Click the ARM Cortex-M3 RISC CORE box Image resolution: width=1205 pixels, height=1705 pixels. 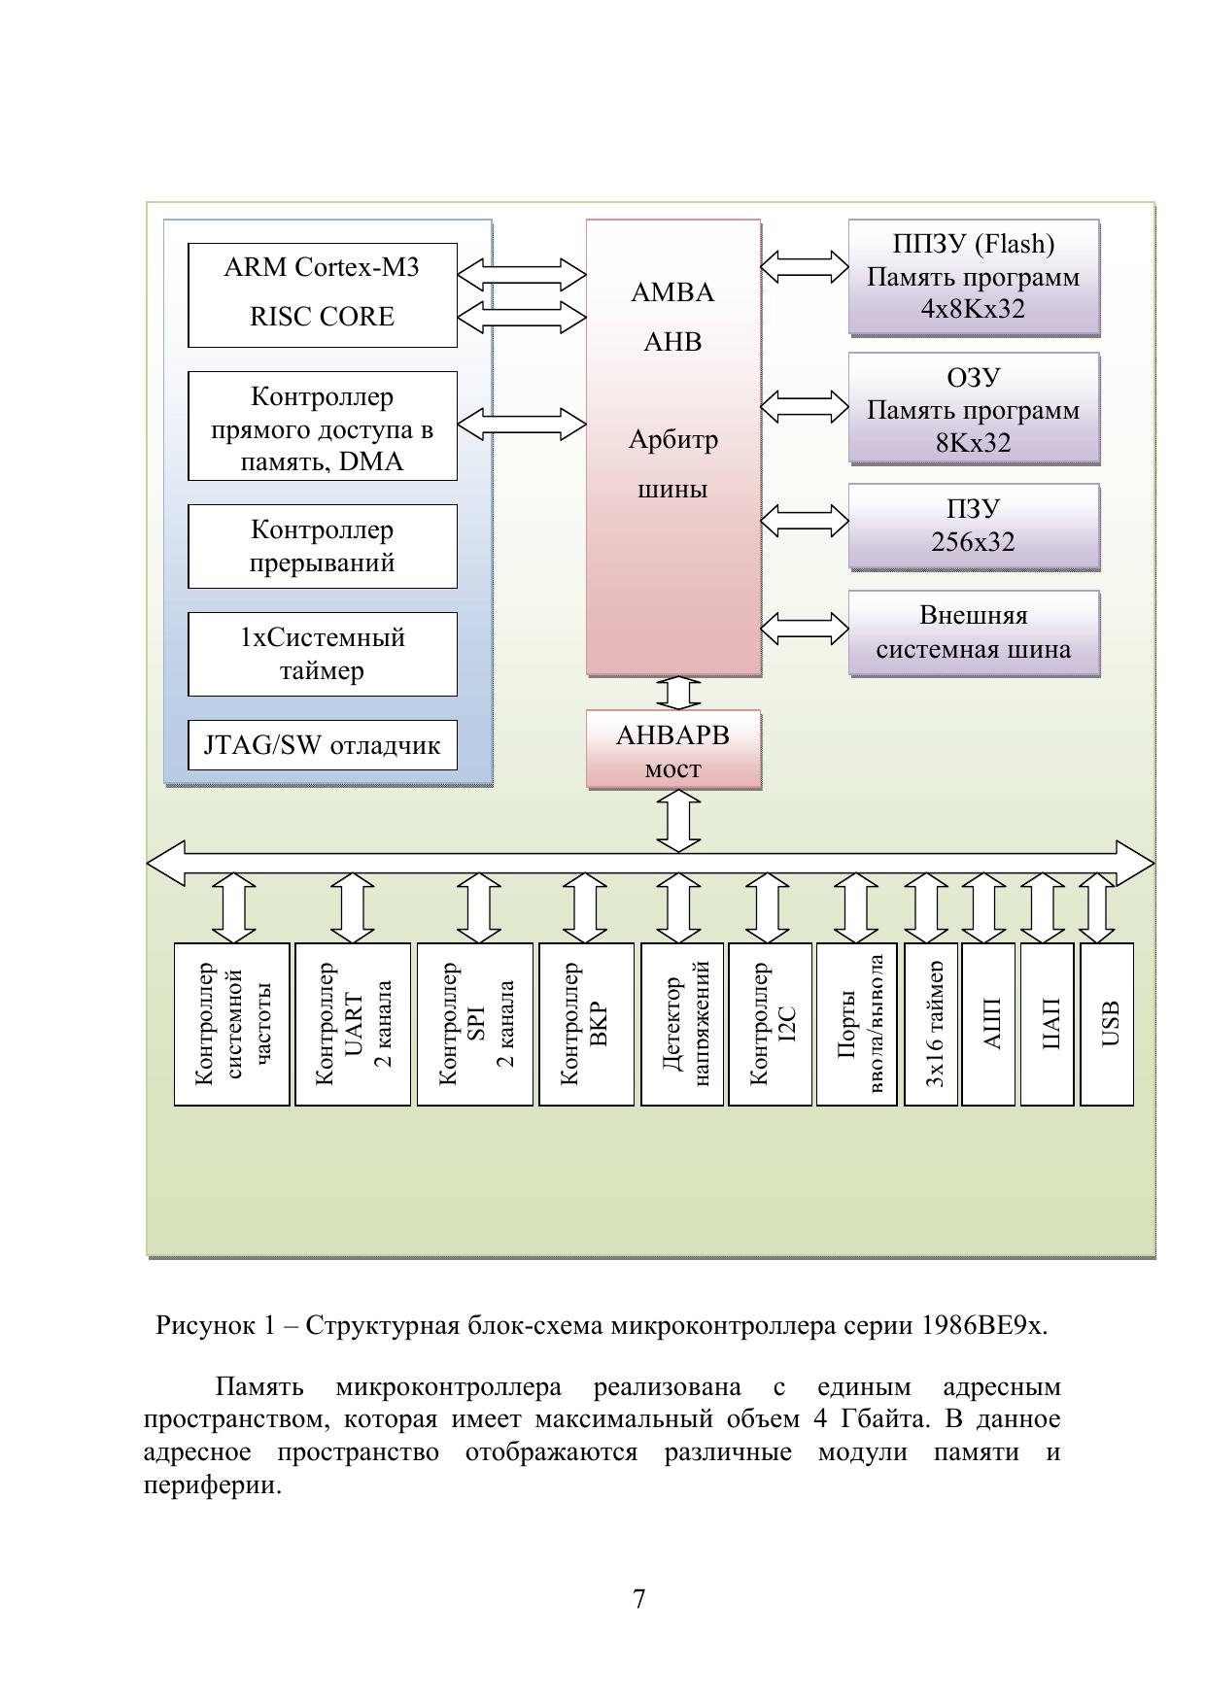pos(322,294)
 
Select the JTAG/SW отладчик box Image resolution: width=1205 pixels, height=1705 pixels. pos(322,745)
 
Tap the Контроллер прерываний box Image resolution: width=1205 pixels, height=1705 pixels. pos(322,546)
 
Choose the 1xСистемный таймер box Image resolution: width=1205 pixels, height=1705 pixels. pos(322,654)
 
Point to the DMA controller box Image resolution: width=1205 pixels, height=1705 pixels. pos(322,426)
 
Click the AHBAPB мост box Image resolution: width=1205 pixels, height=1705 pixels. pos(672,750)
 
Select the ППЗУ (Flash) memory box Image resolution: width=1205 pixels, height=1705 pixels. pos(973,277)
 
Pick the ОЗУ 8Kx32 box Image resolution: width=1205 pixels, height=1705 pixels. pos(973,409)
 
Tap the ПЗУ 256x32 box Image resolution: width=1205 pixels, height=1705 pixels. pos(973,526)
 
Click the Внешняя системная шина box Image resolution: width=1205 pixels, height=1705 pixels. pos(973,632)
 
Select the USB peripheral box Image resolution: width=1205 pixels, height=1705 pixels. pos(1107,1024)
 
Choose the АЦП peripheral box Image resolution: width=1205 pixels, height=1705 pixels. pos(988,1024)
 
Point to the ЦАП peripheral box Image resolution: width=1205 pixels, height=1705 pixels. pos(1047,1024)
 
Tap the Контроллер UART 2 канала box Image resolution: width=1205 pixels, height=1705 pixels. pos(353,1024)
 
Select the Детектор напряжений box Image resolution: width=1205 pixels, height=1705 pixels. pos(682,1024)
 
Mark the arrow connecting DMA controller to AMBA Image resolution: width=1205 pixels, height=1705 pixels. pos(522,425)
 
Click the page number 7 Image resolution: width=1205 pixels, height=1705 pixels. pos(638,1598)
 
